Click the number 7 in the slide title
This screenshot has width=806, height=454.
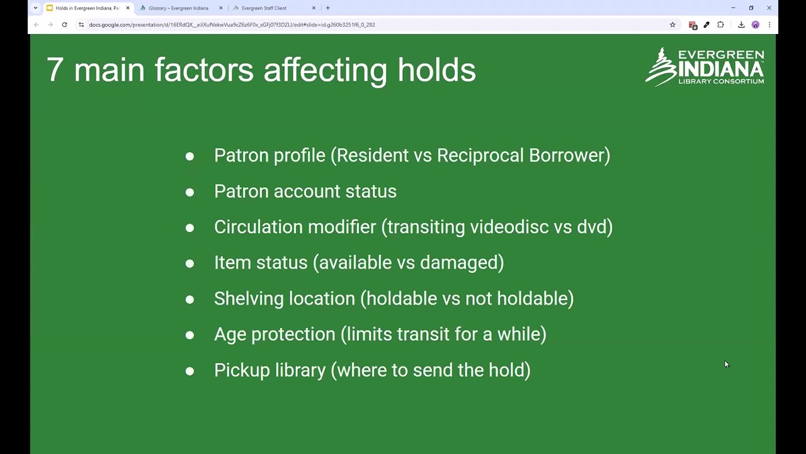pos(55,69)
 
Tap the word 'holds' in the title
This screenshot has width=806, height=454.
pos(436,69)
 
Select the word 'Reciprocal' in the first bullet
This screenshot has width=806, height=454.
pos(480,156)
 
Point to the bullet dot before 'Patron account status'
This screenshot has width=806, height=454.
pos(190,192)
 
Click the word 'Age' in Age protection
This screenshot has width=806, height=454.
pos(230,335)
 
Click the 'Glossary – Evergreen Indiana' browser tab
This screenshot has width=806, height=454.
pos(178,8)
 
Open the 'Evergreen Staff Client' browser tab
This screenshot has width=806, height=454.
pos(264,8)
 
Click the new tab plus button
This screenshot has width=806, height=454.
pos(327,8)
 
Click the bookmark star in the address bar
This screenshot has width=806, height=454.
pos(673,25)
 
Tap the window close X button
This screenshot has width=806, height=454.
pos(769,8)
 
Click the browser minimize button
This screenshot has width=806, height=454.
pos(733,8)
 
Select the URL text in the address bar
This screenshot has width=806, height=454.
pos(232,25)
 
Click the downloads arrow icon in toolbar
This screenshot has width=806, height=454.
pos(741,25)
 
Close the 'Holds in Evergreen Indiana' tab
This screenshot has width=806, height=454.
pos(127,8)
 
